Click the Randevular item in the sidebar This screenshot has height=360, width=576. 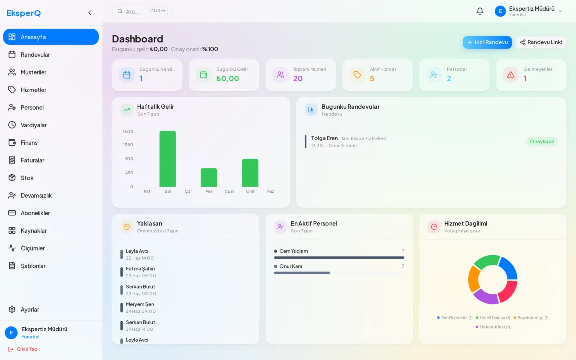point(35,55)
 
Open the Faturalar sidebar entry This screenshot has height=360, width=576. point(32,160)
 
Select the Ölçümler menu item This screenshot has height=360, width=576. point(33,248)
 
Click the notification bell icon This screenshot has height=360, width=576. point(480,11)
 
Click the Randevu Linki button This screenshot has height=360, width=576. point(540,42)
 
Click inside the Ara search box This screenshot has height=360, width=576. point(142,11)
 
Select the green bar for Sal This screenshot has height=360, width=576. point(168,159)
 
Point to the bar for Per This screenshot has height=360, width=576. point(209,178)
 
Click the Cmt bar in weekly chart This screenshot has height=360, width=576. point(250,173)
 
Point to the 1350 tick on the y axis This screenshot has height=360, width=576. point(128,145)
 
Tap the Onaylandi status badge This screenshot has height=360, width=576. point(542,142)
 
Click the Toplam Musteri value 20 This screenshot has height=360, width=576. point(298,78)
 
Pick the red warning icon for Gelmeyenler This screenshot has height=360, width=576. point(511,75)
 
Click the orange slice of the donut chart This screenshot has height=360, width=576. point(474,279)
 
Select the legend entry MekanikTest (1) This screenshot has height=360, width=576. point(493,327)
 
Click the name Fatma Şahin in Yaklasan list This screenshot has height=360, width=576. point(140,268)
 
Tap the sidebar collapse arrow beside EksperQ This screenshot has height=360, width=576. point(90,13)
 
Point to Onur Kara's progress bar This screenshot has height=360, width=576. point(302,273)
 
